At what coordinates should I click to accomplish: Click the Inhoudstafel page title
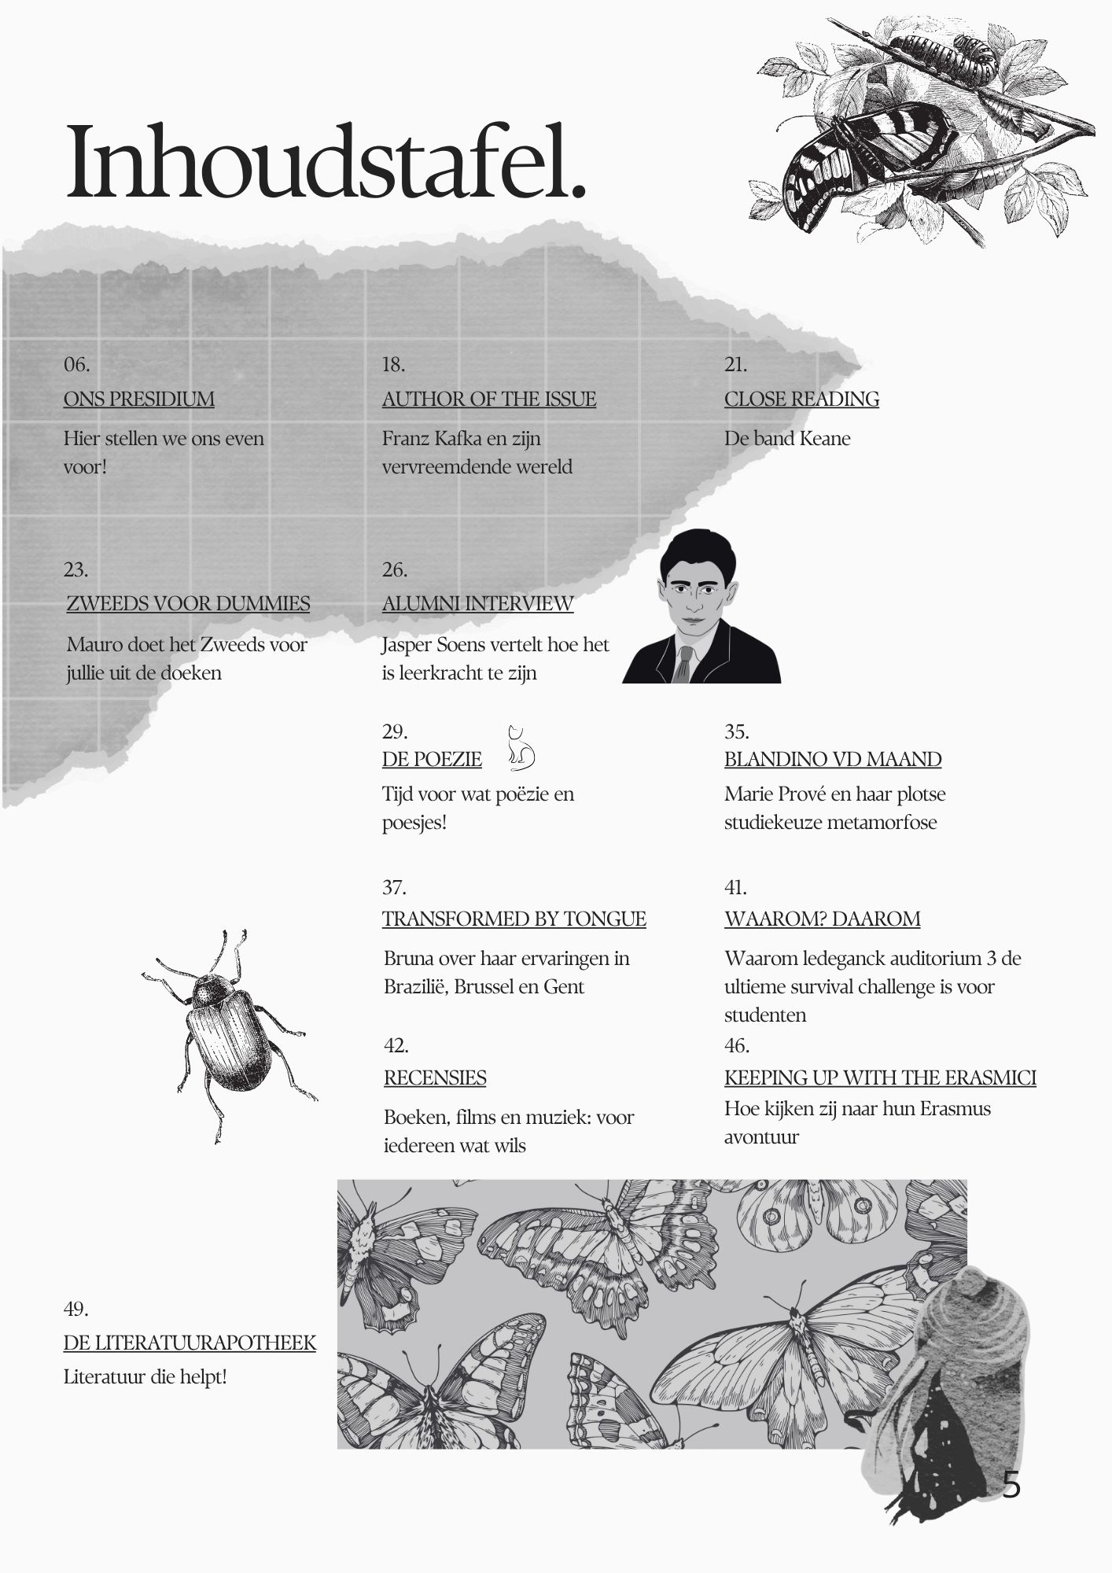(x=326, y=162)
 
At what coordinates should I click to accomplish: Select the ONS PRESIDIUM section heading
(x=138, y=399)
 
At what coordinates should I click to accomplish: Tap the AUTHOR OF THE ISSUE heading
(x=488, y=399)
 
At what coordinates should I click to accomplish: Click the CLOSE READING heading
(x=801, y=399)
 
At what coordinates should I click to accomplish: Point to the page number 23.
(x=75, y=569)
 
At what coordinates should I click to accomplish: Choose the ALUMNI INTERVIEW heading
(x=477, y=603)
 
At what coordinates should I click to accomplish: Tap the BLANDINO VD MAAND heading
(x=832, y=759)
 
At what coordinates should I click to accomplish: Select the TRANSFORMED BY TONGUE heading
(x=514, y=919)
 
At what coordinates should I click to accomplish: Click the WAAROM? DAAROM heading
(x=822, y=919)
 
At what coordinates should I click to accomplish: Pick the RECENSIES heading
(x=435, y=1078)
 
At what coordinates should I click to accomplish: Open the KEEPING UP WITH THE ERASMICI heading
(x=879, y=1078)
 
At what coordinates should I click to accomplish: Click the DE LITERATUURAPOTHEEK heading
(x=190, y=1342)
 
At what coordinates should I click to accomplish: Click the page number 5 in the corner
(x=1011, y=1485)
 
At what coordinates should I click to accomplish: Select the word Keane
(x=826, y=438)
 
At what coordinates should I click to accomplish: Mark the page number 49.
(x=75, y=1309)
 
